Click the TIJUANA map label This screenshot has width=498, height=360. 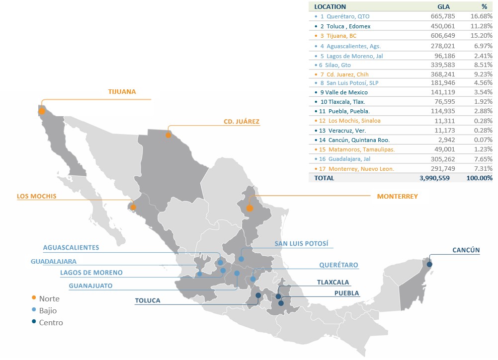(x=122, y=92)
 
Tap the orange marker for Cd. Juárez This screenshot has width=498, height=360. (x=168, y=135)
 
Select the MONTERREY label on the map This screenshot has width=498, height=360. (x=397, y=197)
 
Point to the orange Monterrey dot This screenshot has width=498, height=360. (x=249, y=209)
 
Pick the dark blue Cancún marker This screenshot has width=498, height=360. (x=429, y=264)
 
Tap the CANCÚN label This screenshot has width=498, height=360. (x=466, y=250)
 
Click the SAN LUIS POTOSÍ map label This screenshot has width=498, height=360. (x=301, y=244)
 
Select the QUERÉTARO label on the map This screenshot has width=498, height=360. (x=338, y=265)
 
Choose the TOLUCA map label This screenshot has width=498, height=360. (x=148, y=300)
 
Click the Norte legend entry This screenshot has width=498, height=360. (x=49, y=298)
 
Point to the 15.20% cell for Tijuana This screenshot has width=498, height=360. (x=482, y=36)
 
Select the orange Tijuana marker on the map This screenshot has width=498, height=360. (x=42, y=111)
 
